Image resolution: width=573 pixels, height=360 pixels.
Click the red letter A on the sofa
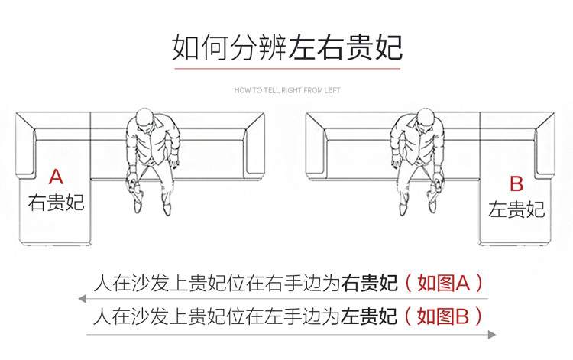[x=56, y=177]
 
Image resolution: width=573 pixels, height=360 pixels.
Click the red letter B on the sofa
[x=516, y=184]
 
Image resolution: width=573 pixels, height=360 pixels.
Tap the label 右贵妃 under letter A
[x=56, y=203]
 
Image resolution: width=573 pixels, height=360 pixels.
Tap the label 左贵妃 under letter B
[x=516, y=209]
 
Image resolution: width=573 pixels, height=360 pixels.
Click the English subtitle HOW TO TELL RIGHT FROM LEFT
[x=287, y=90]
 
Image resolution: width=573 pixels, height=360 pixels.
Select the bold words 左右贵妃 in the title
[x=345, y=47]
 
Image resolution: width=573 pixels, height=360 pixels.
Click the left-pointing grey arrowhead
[x=83, y=299]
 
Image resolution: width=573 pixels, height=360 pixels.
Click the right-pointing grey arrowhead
[x=492, y=335]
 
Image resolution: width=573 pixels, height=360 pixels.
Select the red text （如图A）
[x=444, y=284]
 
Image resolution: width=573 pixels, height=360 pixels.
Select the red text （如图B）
[x=443, y=316]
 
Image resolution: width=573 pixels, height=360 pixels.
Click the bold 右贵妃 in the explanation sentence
[x=369, y=284]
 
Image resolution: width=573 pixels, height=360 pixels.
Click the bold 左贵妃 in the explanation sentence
[x=369, y=316]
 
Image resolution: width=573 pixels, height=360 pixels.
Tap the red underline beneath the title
[x=287, y=68]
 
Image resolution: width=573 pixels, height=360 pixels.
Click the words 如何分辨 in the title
[x=229, y=47]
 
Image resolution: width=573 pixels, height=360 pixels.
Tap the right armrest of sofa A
[x=255, y=146]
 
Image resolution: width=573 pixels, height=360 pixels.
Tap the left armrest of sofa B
[x=316, y=146]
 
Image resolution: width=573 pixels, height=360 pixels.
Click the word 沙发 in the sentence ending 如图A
[x=151, y=284]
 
